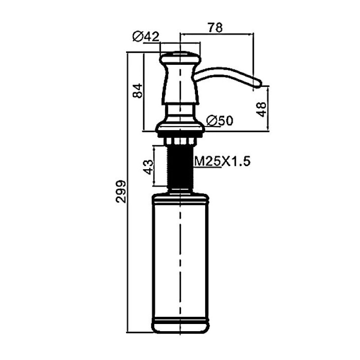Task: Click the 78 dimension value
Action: click(215, 27)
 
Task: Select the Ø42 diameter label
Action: click(146, 37)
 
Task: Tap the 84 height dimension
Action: click(138, 91)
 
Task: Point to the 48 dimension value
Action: click(261, 109)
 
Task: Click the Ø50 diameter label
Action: click(220, 121)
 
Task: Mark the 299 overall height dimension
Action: click(121, 192)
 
